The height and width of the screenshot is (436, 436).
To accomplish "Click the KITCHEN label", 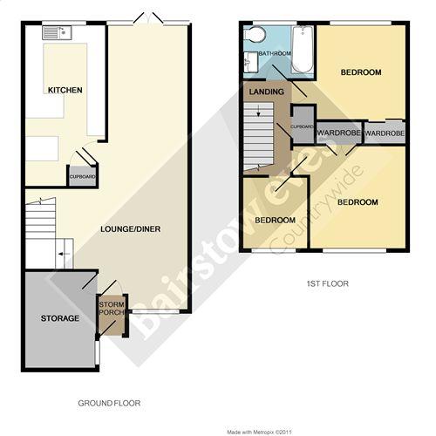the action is point(65,90).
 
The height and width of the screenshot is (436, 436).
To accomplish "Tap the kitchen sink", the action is point(57,32).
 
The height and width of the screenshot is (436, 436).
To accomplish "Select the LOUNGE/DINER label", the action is point(131,229).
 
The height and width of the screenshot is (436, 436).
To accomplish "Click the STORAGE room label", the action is point(60,318).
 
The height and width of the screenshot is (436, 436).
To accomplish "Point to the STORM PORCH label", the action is point(112,309).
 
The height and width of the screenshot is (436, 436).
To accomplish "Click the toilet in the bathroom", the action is point(255,34).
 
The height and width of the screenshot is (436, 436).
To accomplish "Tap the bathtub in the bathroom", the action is point(303,50).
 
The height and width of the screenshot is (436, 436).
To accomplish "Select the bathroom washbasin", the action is point(251,62).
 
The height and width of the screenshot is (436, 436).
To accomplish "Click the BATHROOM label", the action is point(275,53).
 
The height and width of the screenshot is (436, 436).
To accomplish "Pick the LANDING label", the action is point(267,92).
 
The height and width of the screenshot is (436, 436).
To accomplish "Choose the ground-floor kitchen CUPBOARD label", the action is point(82,176).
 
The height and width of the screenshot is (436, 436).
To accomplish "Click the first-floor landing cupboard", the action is point(303,125).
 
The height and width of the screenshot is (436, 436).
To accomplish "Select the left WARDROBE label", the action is point(339,133).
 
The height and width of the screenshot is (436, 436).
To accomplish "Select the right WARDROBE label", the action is point(385,133).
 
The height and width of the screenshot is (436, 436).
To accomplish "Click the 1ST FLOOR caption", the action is point(328,283).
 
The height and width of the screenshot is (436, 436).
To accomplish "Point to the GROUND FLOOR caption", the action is point(109,403).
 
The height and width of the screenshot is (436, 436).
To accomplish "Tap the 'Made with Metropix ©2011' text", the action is point(259,433).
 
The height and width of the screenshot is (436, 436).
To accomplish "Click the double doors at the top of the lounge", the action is point(148,18).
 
